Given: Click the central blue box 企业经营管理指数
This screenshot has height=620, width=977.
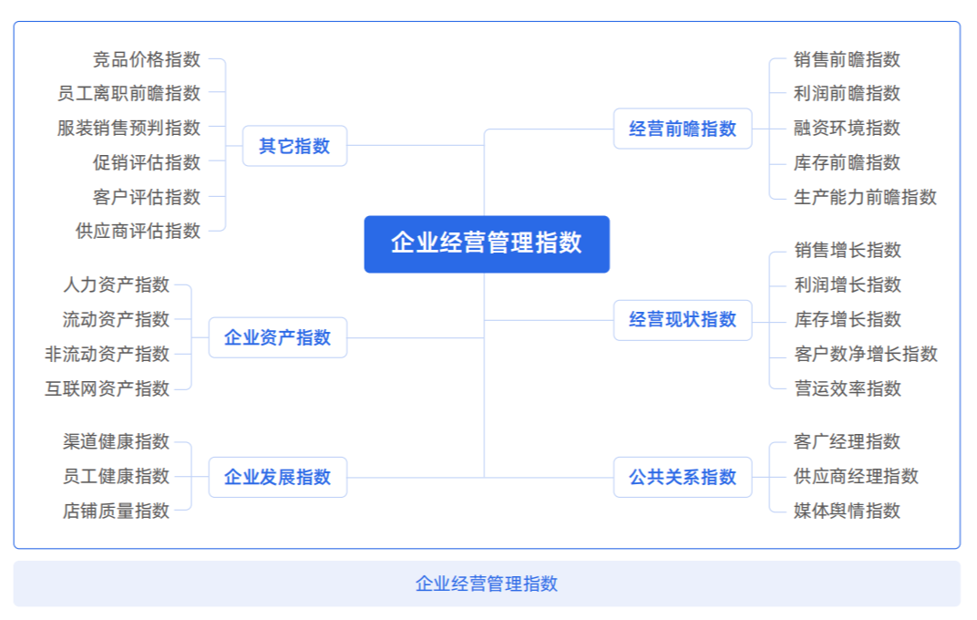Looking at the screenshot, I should (x=487, y=243).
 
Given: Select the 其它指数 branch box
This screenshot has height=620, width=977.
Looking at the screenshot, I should (x=294, y=146).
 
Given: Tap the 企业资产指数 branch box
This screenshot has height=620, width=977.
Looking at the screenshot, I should (x=278, y=337).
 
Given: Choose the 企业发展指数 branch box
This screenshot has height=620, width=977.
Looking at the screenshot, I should (x=278, y=477).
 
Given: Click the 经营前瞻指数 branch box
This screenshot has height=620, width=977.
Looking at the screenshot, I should (x=683, y=129).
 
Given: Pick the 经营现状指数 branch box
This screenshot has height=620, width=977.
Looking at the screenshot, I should (x=683, y=320).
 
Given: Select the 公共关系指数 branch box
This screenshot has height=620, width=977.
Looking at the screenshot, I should (x=683, y=477).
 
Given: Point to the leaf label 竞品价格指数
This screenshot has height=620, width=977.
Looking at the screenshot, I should (x=147, y=59).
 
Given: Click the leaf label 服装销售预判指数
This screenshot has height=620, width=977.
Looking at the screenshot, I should (x=129, y=128).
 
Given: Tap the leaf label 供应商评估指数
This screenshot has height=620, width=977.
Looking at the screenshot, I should (x=138, y=231).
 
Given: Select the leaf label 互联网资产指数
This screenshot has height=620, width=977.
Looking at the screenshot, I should (x=108, y=388).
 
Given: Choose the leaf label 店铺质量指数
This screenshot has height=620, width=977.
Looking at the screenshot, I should (x=117, y=511).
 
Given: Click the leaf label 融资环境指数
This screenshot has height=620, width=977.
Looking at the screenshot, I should (x=847, y=128).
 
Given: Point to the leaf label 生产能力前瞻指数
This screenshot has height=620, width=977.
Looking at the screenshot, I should (x=865, y=197).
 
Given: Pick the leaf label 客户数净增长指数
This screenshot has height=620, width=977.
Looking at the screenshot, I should (x=865, y=354).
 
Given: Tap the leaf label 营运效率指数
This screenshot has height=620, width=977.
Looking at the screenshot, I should (x=847, y=388).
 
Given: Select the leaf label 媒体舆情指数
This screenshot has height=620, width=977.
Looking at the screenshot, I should (x=847, y=511).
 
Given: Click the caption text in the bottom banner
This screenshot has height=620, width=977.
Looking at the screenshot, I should (x=487, y=584).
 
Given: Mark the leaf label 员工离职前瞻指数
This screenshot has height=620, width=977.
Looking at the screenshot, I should (x=129, y=93).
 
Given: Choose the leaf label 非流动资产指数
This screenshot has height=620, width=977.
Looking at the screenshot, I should (x=108, y=354).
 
